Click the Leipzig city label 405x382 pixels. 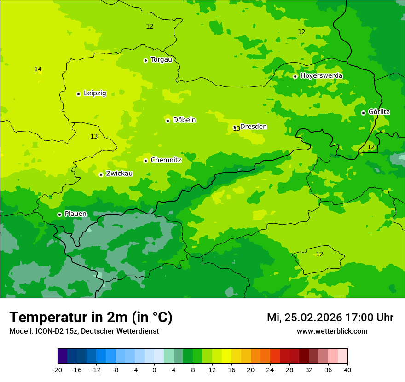95,93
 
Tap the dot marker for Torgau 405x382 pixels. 145,60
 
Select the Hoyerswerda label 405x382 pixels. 321,75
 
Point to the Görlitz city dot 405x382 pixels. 363,113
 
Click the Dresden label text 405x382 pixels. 254,127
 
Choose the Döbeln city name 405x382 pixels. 184,120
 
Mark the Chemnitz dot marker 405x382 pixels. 145,161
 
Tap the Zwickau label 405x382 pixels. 119,174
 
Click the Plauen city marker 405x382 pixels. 59,214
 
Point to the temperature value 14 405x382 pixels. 38,69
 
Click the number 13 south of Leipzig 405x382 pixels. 94,136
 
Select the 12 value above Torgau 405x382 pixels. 150,26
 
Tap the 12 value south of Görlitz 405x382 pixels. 371,147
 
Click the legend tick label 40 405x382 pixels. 347,370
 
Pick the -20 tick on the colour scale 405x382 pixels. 58,370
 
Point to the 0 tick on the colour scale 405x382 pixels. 154,370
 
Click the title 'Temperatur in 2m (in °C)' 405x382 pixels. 91,317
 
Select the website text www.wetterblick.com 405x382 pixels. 332,331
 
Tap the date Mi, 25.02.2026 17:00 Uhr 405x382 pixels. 330,318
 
